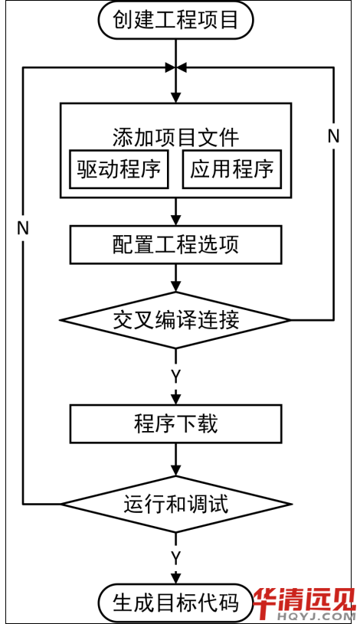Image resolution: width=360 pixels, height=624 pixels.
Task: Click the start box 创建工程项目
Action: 175,19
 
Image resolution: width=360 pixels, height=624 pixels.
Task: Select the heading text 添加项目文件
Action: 175,138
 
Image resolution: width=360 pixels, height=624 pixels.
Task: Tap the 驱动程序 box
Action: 119,169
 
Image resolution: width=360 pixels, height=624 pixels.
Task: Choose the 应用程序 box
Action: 232,169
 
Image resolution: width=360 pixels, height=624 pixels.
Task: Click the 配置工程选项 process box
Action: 175,245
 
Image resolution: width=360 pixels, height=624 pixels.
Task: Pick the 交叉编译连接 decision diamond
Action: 175,320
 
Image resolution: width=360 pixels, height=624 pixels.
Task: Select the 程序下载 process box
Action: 175,424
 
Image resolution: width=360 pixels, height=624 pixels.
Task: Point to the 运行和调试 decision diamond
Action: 175,504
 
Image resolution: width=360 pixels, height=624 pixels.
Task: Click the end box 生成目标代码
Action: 175,603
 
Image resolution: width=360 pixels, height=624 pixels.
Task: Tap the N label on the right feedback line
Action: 333,136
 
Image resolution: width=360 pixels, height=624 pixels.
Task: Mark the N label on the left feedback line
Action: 23,228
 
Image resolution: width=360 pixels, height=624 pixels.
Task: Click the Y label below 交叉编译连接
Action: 175,376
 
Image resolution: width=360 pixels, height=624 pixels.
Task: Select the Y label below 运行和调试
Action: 175,559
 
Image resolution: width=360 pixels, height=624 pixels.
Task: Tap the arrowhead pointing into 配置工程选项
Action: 175,220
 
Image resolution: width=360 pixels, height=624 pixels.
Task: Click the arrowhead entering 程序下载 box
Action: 175,399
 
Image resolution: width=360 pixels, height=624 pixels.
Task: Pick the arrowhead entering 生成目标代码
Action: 175,578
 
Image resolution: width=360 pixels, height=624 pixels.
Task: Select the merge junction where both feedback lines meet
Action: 175,68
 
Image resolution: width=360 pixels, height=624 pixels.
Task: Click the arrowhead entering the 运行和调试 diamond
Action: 175,470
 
